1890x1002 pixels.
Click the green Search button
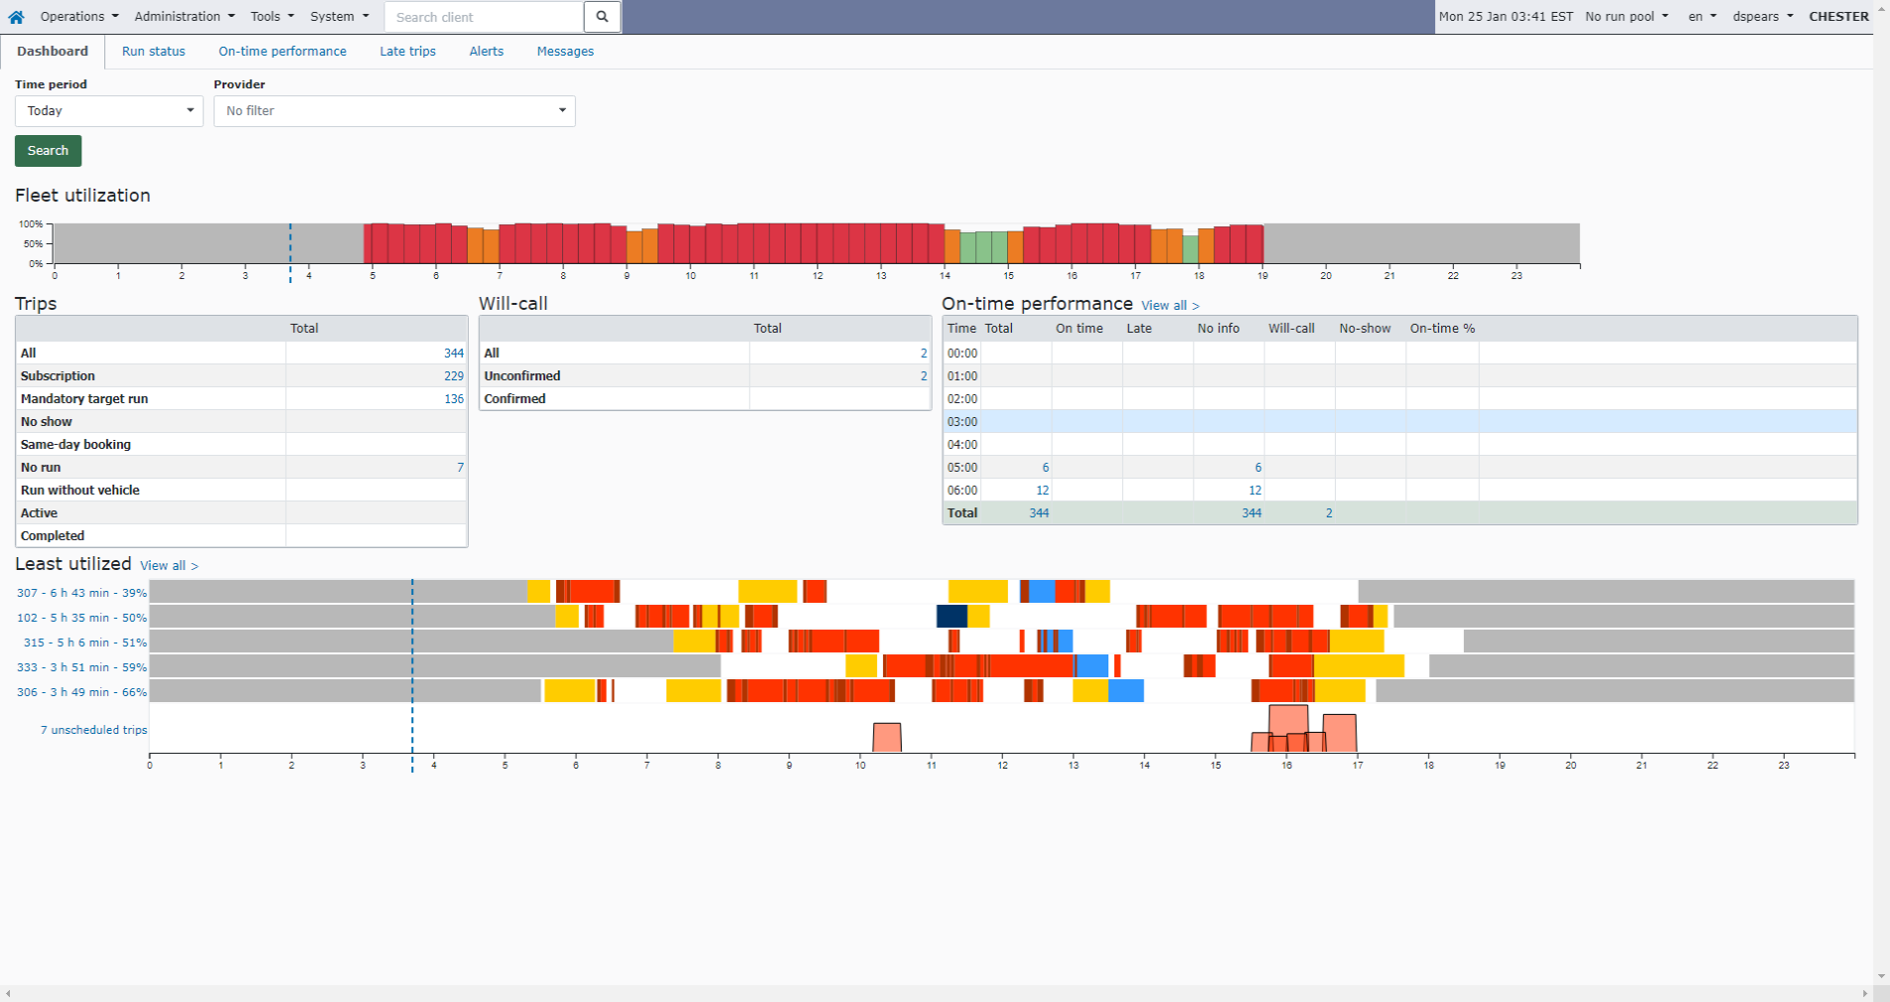pos(48,151)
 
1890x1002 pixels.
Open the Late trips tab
pos(407,52)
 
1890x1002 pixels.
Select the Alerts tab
pos(486,52)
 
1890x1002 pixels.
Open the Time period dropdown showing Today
pos(108,111)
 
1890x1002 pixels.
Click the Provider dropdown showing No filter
pos(394,111)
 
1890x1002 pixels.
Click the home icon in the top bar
pos(16,17)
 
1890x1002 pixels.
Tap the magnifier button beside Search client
pos(602,17)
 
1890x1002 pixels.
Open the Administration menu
pos(184,17)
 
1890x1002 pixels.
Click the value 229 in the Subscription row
pos(453,376)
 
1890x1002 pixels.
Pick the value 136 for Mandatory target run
pos(453,399)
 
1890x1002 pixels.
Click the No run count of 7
pos(460,468)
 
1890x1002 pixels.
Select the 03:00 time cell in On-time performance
pos(962,422)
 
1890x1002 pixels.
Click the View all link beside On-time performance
pos(1169,306)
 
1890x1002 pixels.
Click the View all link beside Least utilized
pos(168,566)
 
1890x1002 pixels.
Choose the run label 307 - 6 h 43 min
pos(81,593)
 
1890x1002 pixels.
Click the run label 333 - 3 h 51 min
pos(81,667)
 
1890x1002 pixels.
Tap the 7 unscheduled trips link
pos(93,730)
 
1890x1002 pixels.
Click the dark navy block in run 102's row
pos(951,617)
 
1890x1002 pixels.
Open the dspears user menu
pos(1762,17)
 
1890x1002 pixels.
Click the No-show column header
pos(1364,329)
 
